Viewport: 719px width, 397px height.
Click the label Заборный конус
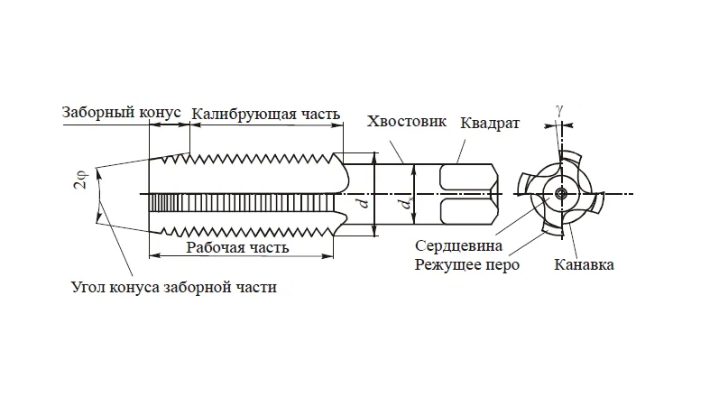click(x=123, y=113)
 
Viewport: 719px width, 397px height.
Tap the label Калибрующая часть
click(x=266, y=114)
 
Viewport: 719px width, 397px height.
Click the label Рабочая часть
click(x=237, y=247)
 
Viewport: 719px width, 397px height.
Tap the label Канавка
click(x=585, y=265)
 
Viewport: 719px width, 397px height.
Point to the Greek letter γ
click(x=560, y=108)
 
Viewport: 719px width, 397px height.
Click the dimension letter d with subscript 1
click(x=405, y=206)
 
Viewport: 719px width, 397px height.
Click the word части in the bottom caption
click(x=258, y=289)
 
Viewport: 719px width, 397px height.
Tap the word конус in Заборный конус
click(x=163, y=113)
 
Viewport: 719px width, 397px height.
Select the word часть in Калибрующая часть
click(x=320, y=114)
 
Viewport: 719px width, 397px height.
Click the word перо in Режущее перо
click(x=502, y=265)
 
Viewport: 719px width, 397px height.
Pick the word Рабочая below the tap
click(x=213, y=247)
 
